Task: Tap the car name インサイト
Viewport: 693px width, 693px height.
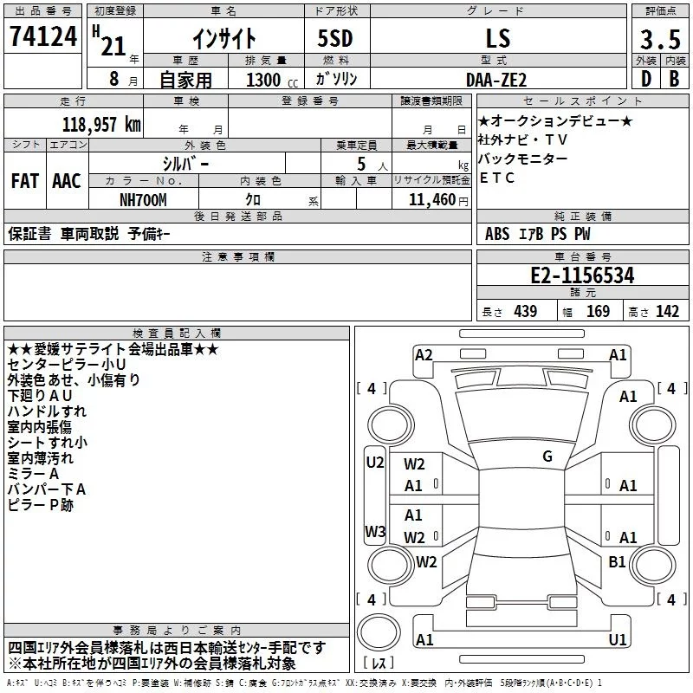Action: pyautogui.click(x=223, y=38)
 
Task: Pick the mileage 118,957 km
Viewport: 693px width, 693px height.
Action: pyautogui.click(x=101, y=123)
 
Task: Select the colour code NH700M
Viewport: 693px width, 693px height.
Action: pyautogui.click(x=144, y=198)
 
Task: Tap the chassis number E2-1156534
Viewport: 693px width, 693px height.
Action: pyautogui.click(x=582, y=275)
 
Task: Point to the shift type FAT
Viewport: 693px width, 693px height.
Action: pyautogui.click(x=24, y=181)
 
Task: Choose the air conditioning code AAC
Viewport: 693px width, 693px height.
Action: pyautogui.click(x=67, y=181)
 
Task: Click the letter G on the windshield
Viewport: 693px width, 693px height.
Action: pyautogui.click(x=547, y=457)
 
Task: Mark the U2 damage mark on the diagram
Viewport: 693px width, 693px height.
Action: pyautogui.click(x=374, y=463)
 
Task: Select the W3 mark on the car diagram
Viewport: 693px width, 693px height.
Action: pyautogui.click(x=374, y=531)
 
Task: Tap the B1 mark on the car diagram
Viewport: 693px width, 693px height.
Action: pyautogui.click(x=617, y=562)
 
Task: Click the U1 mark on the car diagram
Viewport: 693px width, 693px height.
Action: pyautogui.click(x=617, y=639)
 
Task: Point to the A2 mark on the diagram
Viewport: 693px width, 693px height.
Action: pyautogui.click(x=424, y=354)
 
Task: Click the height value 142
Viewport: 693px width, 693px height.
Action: pyautogui.click(x=667, y=312)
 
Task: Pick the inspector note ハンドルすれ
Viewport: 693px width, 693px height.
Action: pyautogui.click(x=47, y=411)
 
